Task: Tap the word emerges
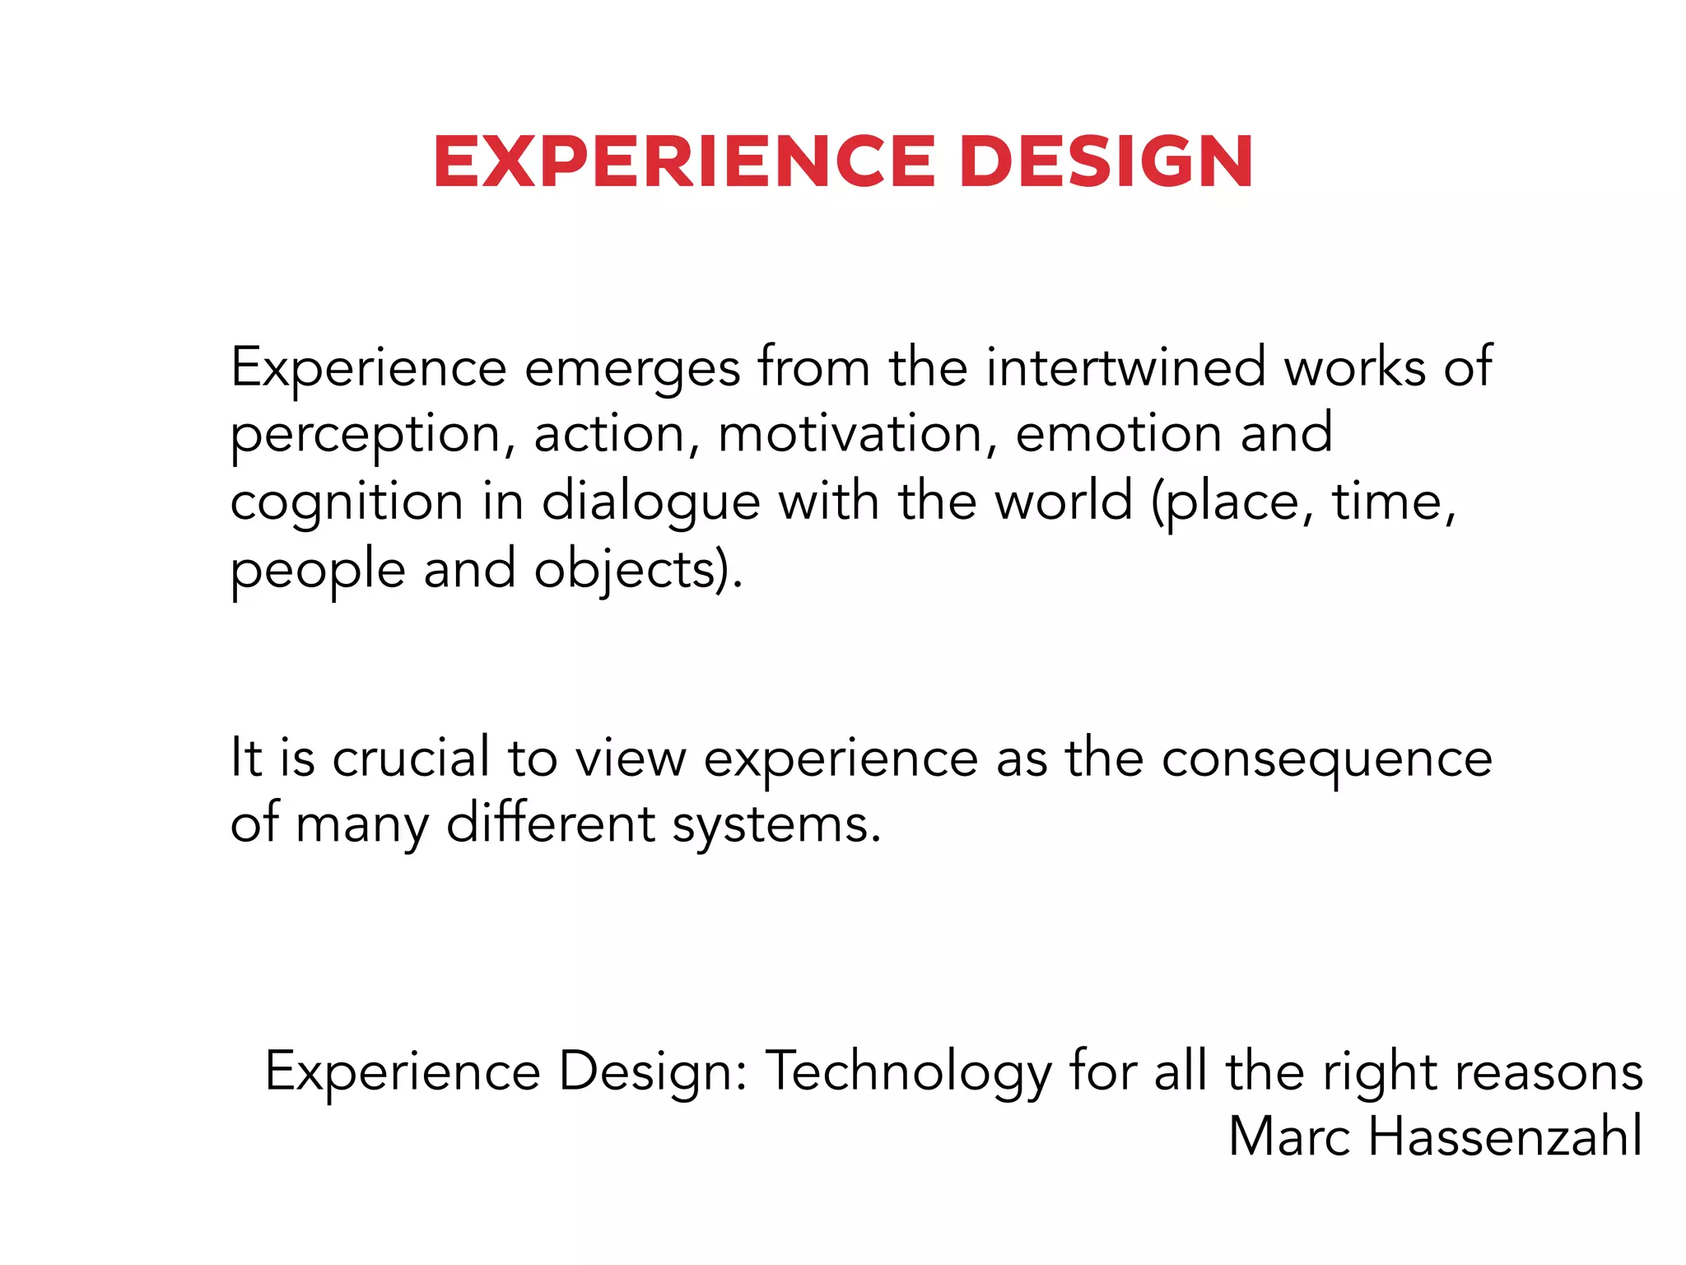[632, 369]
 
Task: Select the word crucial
[411, 758]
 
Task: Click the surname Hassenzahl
[1505, 1137]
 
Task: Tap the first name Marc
[1289, 1137]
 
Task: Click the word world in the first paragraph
[1063, 502]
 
